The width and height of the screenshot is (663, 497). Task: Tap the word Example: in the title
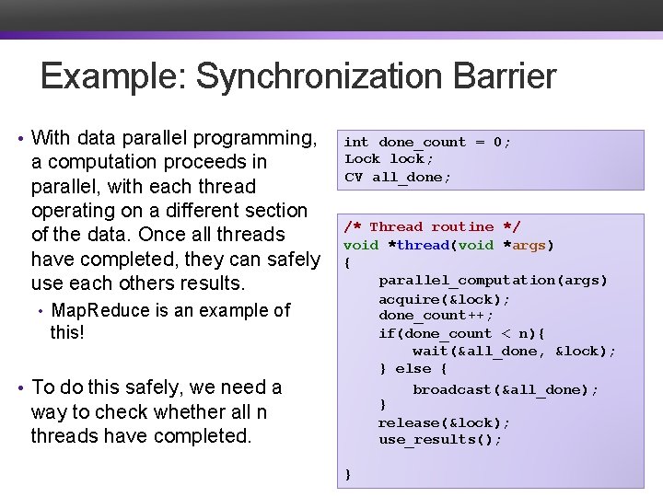click(x=114, y=76)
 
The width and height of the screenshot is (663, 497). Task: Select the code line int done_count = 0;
click(x=427, y=142)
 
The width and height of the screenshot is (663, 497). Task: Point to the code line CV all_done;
click(x=398, y=177)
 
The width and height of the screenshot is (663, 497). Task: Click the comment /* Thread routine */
click(x=432, y=226)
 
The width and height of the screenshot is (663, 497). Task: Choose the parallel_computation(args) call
click(x=494, y=280)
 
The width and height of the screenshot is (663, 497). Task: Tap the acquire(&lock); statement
click(x=445, y=299)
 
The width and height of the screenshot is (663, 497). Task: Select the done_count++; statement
click(x=436, y=316)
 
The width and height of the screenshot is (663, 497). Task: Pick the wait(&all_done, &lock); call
click(x=514, y=351)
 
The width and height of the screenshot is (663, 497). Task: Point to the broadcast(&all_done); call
click(x=506, y=389)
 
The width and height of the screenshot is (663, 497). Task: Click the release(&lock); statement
click(x=445, y=422)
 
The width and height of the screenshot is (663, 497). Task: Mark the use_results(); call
click(x=440, y=439)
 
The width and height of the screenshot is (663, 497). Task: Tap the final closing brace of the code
click(x=347, y=473)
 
